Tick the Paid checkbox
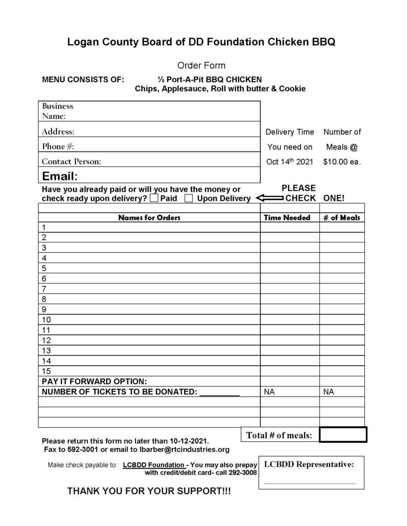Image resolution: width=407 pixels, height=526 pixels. [154, 198]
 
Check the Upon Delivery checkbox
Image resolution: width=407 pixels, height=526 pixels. [189, 198]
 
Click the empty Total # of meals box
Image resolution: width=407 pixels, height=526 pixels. [343, 435]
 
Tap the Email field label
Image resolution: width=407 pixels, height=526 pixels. [60, 176]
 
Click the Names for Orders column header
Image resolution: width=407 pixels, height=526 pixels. [149, 217]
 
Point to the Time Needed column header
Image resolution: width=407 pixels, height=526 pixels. [287, 217]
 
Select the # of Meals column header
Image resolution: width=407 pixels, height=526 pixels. [342, 217]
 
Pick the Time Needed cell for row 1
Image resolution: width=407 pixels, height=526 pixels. [289, 227]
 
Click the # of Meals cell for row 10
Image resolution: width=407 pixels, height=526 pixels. [342, 320]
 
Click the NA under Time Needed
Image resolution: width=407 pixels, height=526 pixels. [269, 392]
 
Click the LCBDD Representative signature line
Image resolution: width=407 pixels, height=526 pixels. [310, 483]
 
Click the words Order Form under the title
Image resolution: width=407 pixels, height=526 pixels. [201, 66]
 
